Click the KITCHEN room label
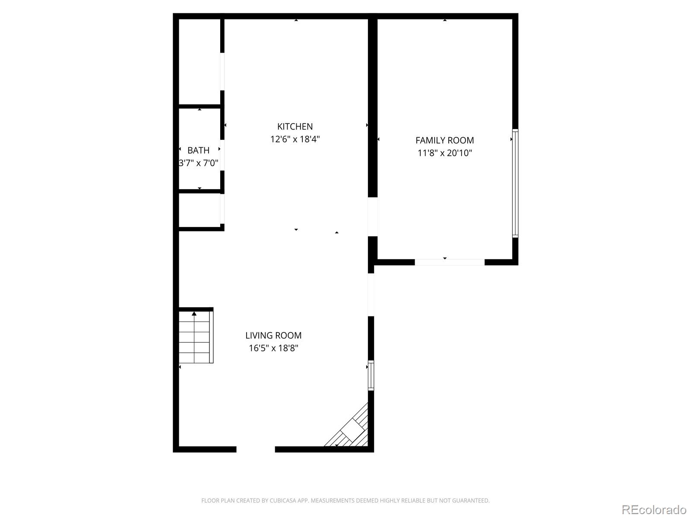pyautogui.click(x=295, y=126)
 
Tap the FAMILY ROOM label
pyautogui.click(x=444, y=140)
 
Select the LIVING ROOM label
pyautogui.click(x=273, y=335)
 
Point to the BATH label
pyautogui.click(x=198, y=151)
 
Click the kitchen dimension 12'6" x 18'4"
pyautogui.click(x=295, y=139)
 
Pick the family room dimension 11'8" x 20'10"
pyautogui.click(x=444, y=153)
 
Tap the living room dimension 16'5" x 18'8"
pyautogui.click(x=273, y=348)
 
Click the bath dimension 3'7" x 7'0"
pyautogui.click(x=198, y=163)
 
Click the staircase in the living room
pyautogui.click(x=195, y=337)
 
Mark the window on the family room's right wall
pyautogui.click(x=515, y=183)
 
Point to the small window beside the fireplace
pyautogui.click(x=371, y=375)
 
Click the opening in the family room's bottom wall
pyautogui.click(x=450, y=262)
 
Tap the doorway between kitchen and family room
pyautogui.click(x=373, y=217)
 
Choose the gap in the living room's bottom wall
pyautogui.click(x=256, y=449)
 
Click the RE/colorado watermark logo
pyautogui.click(x=654, y=509)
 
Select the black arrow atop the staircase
pyautogui.click(x=194, y=313)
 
